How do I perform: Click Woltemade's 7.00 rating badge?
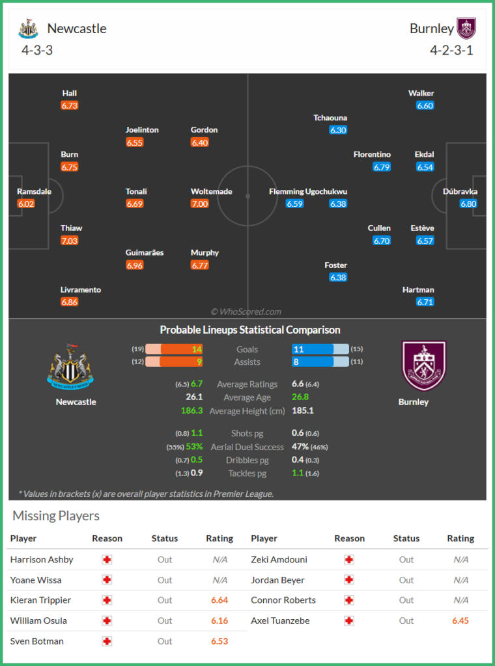199,204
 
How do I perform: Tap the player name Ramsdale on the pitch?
33,191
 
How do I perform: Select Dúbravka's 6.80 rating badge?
468,204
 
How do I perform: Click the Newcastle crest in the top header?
28,29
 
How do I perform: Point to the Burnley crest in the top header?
466,29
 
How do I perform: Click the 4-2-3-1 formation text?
451,50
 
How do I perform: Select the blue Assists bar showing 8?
313,362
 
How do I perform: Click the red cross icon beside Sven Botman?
107,641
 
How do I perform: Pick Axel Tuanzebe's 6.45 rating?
460,620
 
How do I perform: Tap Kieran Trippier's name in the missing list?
40,600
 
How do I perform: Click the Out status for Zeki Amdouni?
406,559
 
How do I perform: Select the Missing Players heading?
56,516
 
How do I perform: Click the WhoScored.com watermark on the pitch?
246,312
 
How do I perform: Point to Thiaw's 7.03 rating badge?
69,241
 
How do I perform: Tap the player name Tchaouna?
330,118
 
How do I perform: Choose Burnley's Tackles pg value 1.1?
298,473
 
